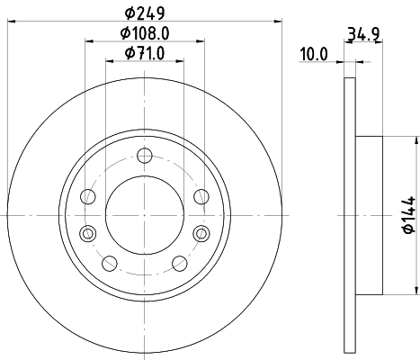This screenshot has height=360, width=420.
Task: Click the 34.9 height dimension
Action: (361, 36)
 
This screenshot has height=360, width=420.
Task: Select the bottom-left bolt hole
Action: (109, 263)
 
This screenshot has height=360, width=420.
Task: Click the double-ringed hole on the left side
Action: (87, 234)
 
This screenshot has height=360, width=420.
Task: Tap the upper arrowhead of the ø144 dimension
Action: (417, 140)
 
